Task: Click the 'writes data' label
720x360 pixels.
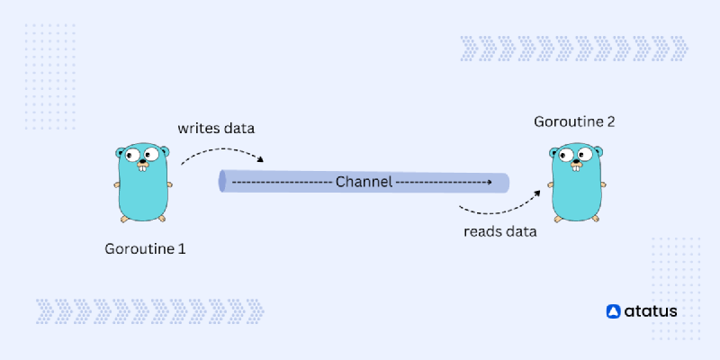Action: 216,128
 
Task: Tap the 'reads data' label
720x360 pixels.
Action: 500,231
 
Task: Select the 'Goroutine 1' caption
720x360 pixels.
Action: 145,247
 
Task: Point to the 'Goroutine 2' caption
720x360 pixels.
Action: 574,121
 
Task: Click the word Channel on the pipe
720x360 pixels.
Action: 364,182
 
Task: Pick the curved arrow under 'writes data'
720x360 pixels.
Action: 221,152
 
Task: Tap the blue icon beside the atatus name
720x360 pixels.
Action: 614,311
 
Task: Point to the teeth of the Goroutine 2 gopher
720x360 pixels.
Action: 575,171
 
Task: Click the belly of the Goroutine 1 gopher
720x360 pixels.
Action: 143,193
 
